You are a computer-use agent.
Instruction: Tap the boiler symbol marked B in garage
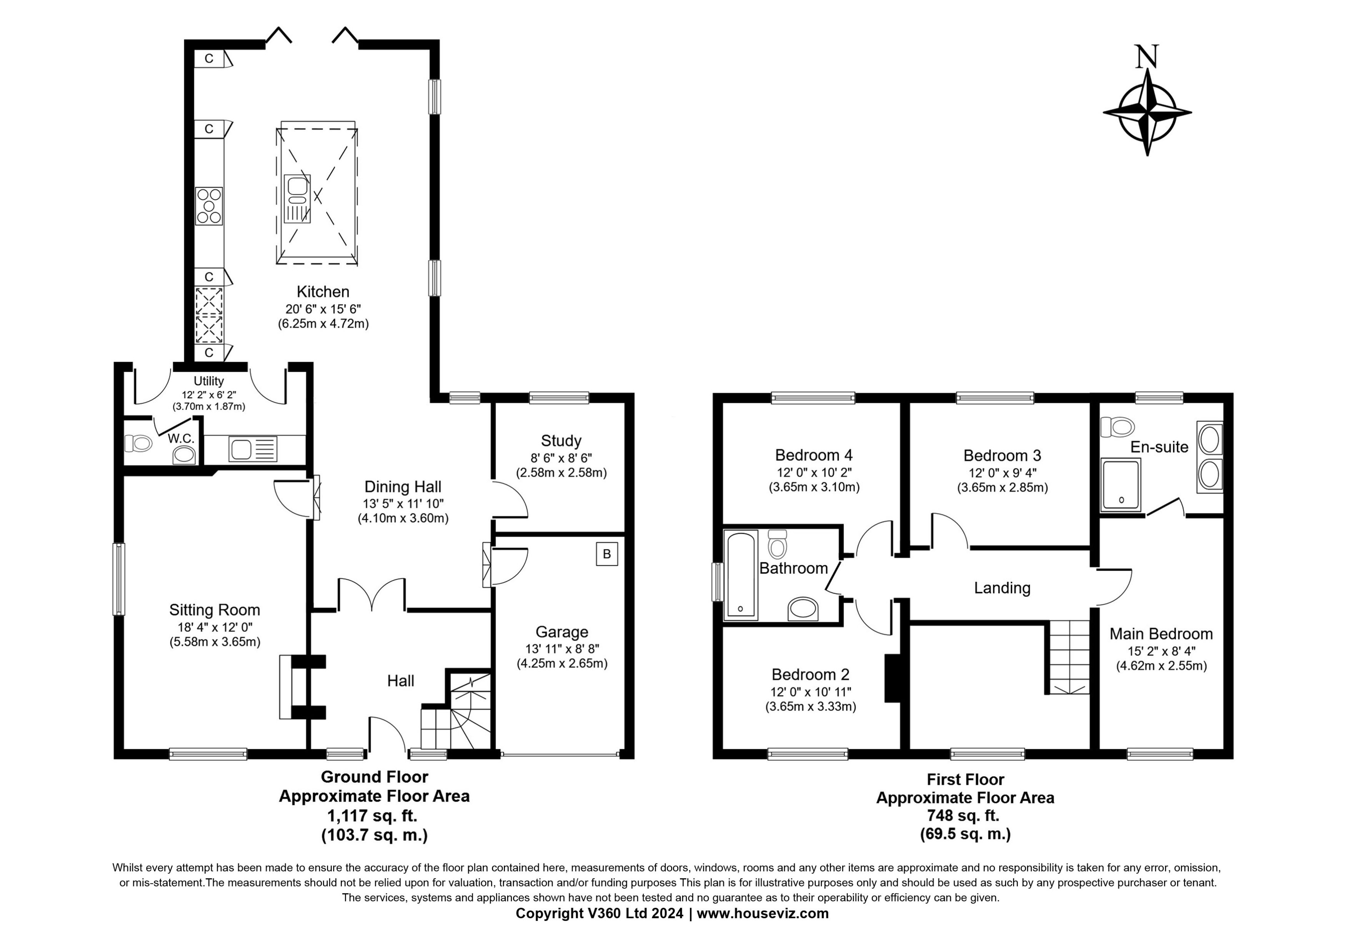(x=607, y=554)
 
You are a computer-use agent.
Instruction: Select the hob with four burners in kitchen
(x=209, y=206)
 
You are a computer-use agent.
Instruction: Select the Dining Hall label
(x=403, y=487)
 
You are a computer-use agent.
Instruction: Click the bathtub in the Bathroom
(x=741, y=575)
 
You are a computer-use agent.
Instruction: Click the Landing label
(x=1002, y=588)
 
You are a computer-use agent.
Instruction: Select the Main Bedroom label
(x=1161, y=634)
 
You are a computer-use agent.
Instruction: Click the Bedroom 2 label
(x=810, y=675)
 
